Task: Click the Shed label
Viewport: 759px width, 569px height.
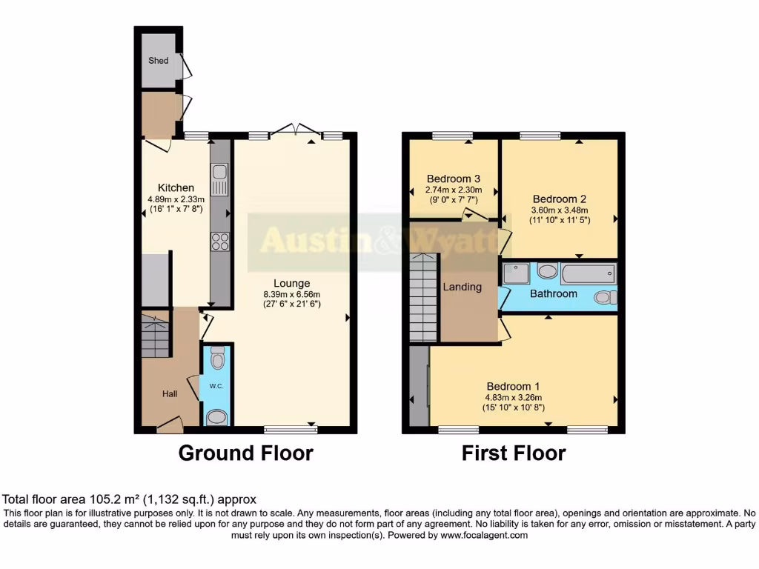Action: [158, 61]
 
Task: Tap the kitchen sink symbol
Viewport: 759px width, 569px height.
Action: [220, 176]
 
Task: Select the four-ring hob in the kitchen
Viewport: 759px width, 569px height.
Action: [220, 241]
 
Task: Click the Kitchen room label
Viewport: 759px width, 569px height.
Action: [176, 187]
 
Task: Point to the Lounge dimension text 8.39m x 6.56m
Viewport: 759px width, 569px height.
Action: [291, 293]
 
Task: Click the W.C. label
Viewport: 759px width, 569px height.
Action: [216, 385]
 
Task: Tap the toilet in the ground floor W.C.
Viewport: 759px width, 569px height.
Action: [216, 360]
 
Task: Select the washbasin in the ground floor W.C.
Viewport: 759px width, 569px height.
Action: [216, 417]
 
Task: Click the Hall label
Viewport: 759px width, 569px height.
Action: [170, 394]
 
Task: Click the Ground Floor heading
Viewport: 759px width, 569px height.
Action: [245, 453]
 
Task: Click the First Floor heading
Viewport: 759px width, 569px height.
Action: [514, 453]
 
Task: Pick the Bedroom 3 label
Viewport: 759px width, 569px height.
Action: [453, 179]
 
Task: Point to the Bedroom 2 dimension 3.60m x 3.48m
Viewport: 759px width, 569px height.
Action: [560, 210]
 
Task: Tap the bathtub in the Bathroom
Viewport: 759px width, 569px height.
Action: [588, 274]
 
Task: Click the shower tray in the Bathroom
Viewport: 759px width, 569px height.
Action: [516, 274]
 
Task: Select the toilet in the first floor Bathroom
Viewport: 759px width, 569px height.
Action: [606, 297]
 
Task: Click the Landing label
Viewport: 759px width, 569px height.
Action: [462, 287]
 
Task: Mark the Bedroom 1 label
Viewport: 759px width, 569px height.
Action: [513, 386]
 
